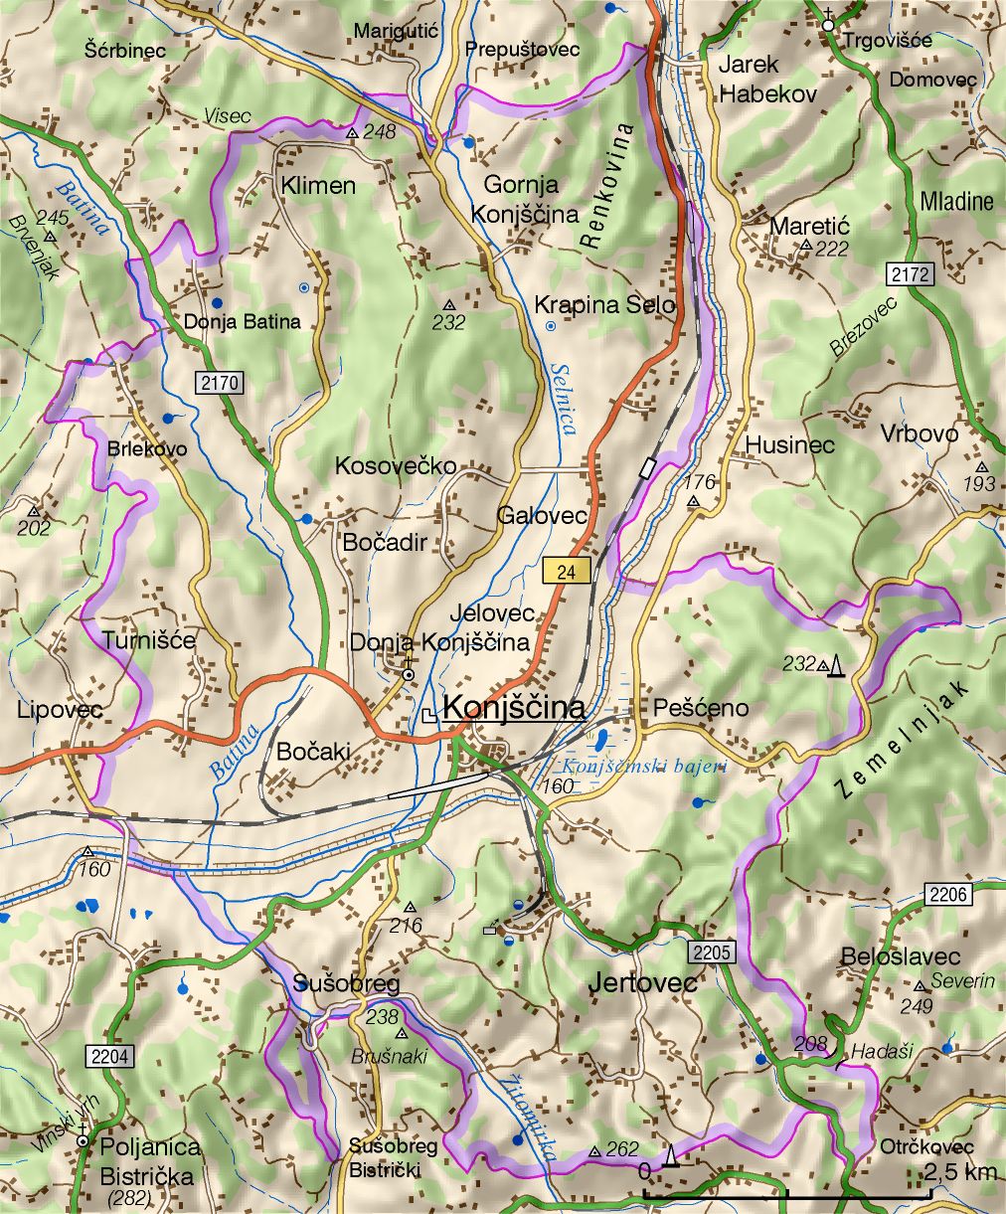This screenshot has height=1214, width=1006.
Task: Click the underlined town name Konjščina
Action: (x=513, y=708)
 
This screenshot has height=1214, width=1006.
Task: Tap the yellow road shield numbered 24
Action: (x=567, y=571)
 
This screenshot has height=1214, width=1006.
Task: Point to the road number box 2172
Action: (x=911, y=274)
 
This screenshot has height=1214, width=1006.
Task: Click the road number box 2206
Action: (x=948, y=894)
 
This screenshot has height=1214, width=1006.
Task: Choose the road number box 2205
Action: (x=712, y=953)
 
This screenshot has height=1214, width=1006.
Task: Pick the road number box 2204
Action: (x=108, y=1056)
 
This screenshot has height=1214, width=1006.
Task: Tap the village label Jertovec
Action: (x=642, y=983)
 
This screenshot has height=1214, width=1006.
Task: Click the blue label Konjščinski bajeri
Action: (x=644, y=767)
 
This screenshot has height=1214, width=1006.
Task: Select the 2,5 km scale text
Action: (x=960, y=1172)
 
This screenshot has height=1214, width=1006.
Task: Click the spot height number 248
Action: (x=379, y=131)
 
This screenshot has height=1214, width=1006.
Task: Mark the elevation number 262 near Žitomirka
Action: (x=622, y=1149)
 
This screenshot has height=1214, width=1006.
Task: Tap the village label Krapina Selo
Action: (x=604, y=304)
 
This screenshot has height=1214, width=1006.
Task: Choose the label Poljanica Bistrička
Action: (x=149, y=1160)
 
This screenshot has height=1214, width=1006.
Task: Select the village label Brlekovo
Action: (x=147, y=448)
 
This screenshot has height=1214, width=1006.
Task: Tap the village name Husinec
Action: (x=789, y=444)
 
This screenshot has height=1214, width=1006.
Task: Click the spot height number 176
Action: (x=701, y=483)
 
